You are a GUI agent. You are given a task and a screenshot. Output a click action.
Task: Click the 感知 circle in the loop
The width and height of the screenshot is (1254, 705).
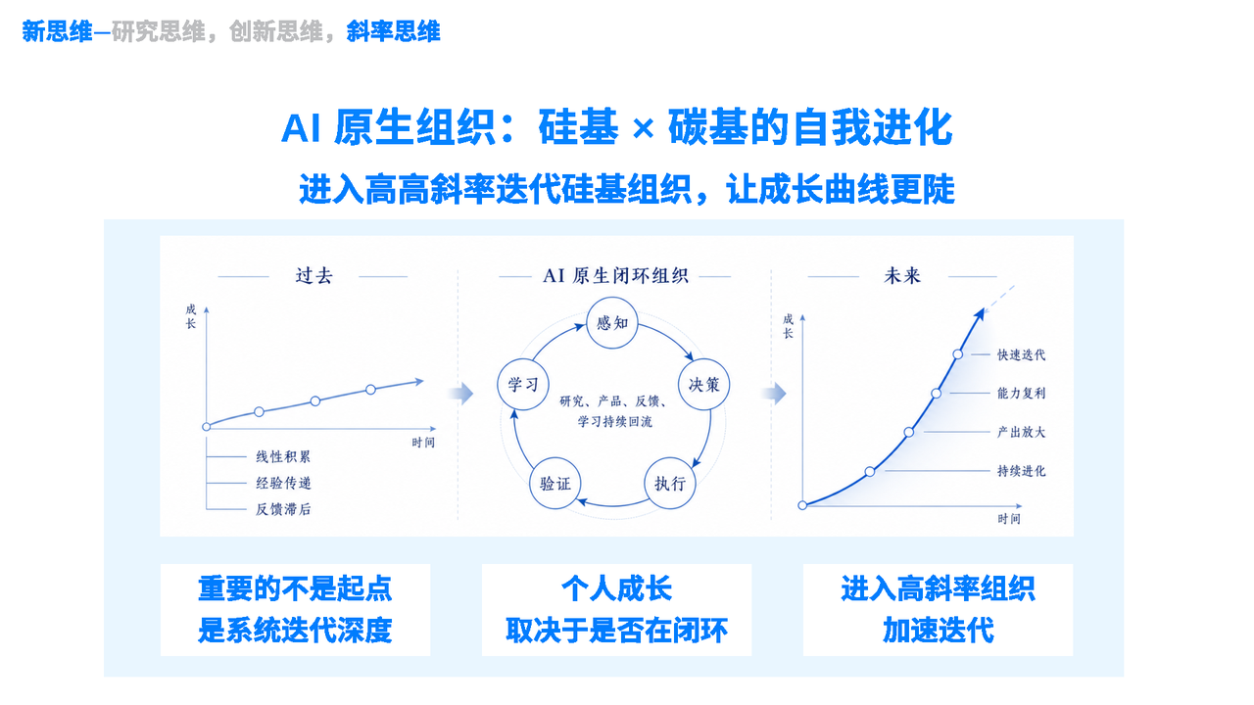612,323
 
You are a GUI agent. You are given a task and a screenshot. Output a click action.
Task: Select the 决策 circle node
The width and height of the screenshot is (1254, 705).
703,385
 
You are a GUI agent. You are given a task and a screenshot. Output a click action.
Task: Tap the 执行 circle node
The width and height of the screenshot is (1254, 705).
669,483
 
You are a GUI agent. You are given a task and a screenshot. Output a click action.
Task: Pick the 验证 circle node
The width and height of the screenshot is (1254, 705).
555,483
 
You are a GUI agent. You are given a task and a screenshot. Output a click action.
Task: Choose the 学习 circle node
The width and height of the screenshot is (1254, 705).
523,385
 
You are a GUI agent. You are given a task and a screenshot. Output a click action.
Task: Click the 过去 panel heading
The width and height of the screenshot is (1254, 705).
314,275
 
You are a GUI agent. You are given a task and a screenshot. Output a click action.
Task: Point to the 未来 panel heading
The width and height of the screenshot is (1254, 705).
902,275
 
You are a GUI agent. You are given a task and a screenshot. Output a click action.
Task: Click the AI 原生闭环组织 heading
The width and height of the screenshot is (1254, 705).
615,275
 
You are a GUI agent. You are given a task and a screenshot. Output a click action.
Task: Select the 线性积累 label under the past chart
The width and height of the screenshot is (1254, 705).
283,456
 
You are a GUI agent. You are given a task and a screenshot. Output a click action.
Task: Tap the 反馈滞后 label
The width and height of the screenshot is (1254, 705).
283,509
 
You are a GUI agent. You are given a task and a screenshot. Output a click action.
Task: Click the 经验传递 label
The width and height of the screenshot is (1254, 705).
283,483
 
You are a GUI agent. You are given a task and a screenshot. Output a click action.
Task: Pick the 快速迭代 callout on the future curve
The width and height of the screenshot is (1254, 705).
1021,354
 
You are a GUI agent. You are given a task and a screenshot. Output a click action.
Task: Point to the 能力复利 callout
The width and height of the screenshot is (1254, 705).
1021,394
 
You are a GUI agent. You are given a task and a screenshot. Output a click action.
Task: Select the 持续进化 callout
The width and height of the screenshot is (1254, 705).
1021,471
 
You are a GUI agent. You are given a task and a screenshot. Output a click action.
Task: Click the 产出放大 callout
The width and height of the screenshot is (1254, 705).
1021,432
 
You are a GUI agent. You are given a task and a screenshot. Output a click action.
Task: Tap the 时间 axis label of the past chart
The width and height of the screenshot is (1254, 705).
423,443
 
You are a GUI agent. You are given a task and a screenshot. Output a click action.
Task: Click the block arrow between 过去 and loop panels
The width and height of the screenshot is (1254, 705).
461,394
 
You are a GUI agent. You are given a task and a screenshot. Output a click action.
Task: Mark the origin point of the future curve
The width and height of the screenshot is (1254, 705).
802,505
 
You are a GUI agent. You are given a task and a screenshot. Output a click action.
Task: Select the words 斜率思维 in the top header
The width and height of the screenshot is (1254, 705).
393,31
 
